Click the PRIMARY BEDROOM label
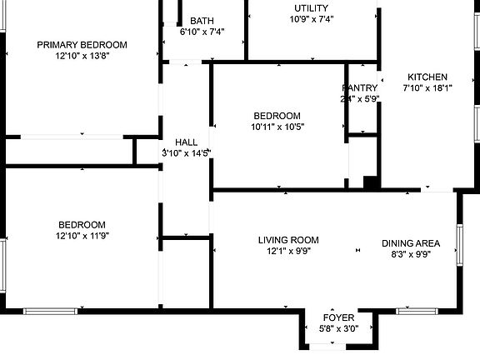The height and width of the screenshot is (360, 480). [82, 45]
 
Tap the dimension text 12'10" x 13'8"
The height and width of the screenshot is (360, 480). [82, 57]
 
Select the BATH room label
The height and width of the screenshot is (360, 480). [202, 21]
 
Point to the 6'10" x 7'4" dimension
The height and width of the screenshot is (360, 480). [202, 32]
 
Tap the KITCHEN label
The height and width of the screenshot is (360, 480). [427, 77]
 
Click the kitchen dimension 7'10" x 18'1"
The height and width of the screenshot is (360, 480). [427, 88]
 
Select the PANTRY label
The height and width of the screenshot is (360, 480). [360, 87]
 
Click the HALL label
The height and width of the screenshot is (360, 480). [186, 142]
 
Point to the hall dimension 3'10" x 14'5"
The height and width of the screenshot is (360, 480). [186, 153]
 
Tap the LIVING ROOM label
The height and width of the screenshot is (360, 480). [287, 240]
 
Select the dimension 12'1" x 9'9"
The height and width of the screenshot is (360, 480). [287, 252]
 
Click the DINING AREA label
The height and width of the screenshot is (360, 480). [410, 243]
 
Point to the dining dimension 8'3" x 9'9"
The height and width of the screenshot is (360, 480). [410, 255]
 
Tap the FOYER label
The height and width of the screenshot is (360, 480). [339, 318]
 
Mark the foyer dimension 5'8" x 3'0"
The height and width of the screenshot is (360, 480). [339, 329]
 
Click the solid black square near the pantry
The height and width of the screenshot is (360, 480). [372, 182]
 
